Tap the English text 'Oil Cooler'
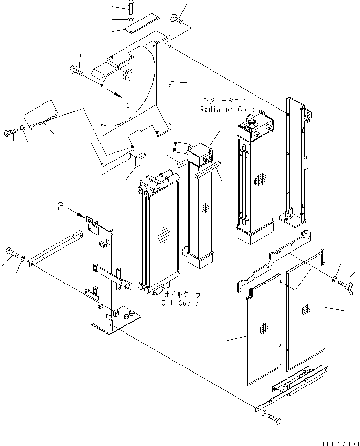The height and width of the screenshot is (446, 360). click(183, 303)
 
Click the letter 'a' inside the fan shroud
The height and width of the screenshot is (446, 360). click(128, 103)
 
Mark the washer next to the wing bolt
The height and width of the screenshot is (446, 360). click(334, 279)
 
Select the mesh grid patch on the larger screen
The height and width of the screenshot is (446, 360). click(307, 309)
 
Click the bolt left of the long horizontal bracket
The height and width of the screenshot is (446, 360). click(11, 252)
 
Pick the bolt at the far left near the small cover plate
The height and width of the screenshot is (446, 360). click(11, 132)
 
